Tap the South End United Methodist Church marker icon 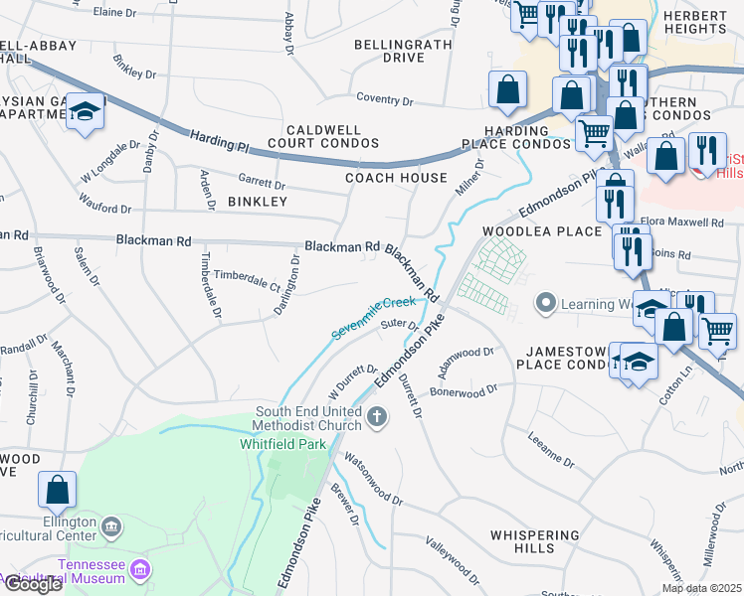pos(377,416)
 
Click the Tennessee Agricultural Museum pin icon pos(140,570)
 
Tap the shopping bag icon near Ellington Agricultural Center pos(57,490)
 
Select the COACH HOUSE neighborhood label pos(396,178)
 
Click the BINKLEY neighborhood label pos(257,202)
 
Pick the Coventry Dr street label pos(385,100)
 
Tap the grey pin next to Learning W pos(544,302)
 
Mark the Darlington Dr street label pos(288,286)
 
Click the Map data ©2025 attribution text pos(701,588)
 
